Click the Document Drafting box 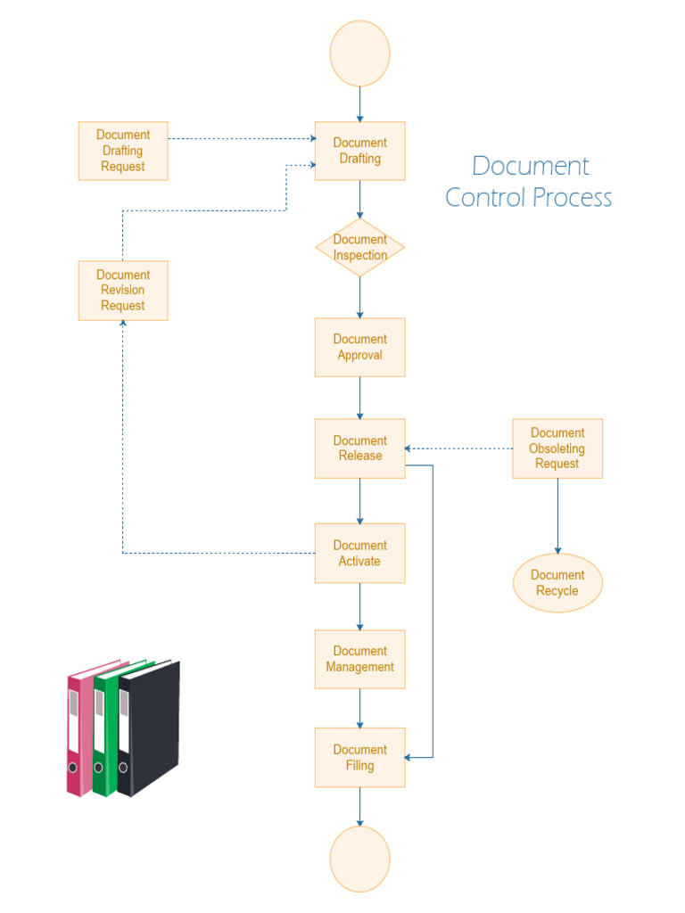[359, 151]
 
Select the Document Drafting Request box [123, 151]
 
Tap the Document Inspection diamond [359, 247]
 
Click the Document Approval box [359, 347]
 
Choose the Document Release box [359, 448]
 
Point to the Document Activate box [359, 553]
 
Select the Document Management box [359, 659]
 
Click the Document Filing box [359, 757]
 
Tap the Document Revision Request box [123, 290]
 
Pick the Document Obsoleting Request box [557, 448]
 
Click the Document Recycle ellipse [557, 583]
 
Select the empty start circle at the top [359, 53]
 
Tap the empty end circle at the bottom [359, 859]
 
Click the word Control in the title [483, 197]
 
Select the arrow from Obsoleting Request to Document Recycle [558, 515]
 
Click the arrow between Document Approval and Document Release [359, 397]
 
